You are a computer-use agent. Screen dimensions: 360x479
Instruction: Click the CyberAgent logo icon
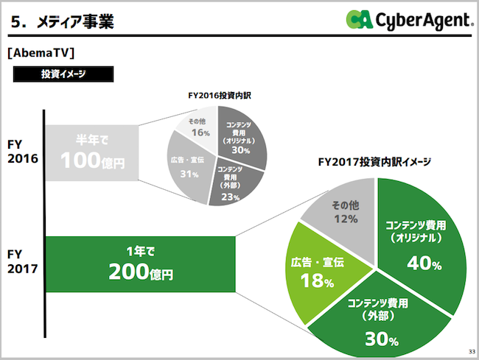361,20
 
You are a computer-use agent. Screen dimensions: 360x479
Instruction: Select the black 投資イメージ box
62,74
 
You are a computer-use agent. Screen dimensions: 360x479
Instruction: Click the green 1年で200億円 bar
140,264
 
